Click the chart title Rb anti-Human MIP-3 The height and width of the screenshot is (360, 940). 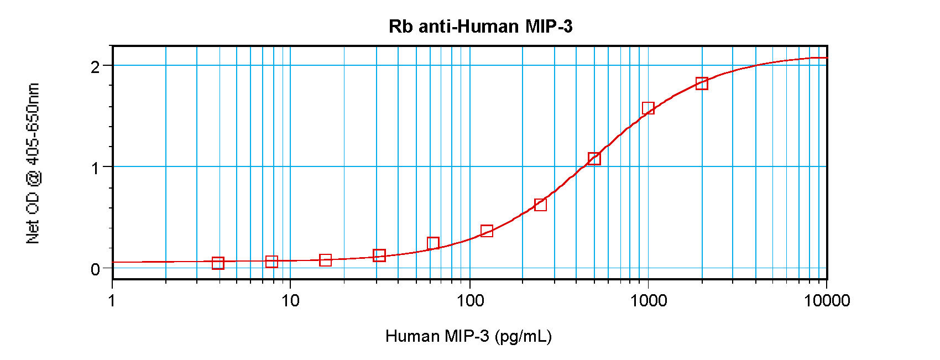coord(480,26)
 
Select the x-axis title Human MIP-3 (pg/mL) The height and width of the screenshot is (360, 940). coord(468,336)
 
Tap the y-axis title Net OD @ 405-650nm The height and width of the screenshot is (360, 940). coord(33,164)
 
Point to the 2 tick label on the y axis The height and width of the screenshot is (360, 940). coord(95,67)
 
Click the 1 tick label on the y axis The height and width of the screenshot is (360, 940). coord(95,168)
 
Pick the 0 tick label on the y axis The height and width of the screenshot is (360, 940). coord(95,269)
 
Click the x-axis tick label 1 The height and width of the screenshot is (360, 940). coord(112,300)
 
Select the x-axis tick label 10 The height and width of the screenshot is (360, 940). coord(290,300)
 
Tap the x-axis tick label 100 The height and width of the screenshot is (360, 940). coord(469,300)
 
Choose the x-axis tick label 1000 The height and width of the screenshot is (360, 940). coord(648,300)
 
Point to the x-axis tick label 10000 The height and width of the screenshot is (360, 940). coord(827,300)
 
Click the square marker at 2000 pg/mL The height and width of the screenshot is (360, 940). coord(702,84)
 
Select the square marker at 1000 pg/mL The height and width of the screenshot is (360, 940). coord(648,108)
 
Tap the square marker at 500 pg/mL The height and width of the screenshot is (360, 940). coord(594,159)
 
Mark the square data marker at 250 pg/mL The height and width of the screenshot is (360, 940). coord(540,205)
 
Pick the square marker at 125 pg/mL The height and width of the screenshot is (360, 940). coord(487,231)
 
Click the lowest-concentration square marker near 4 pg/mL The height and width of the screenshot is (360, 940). coord(218,263)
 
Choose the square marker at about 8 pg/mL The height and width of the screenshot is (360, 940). coord(271,262)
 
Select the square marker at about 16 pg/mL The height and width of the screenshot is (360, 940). coord(325,260)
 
